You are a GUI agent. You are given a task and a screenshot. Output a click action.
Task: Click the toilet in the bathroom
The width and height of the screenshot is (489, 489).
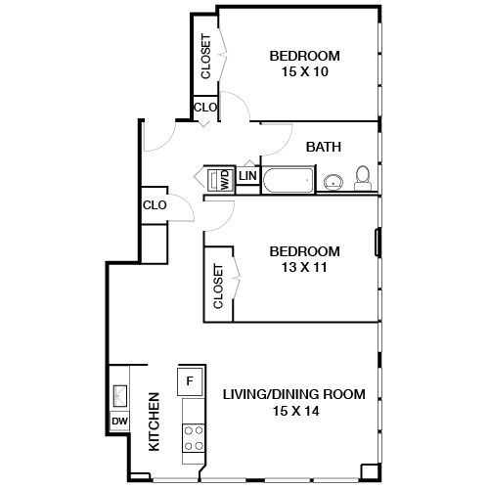(363, 177)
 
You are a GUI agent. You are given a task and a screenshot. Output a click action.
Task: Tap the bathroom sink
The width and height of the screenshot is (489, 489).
(333, 180)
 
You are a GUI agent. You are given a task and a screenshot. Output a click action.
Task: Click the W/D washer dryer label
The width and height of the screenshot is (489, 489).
(224, 179)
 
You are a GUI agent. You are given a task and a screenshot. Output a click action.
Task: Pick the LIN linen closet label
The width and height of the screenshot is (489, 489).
(248, 176)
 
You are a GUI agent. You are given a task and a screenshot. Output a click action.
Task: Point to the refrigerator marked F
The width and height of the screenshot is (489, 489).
(191, 379)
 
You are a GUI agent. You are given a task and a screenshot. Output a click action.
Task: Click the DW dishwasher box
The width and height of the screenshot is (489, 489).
(119, 422)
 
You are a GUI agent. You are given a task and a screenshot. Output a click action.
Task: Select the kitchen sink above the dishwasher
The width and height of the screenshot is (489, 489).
(119, 393)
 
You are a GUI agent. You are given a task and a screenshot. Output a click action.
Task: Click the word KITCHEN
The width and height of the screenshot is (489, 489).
(154, 422)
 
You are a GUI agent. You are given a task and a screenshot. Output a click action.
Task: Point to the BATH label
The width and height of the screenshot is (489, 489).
(324, 148)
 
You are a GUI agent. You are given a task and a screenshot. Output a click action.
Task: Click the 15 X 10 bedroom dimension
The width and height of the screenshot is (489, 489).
(304, 72)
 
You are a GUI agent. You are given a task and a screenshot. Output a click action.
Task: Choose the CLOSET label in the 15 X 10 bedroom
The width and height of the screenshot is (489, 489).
(205, 57)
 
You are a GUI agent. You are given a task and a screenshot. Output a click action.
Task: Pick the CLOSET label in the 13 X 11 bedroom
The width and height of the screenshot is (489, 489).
(218, 287)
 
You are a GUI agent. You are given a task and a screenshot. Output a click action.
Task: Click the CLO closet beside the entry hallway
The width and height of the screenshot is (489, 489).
(155, 205)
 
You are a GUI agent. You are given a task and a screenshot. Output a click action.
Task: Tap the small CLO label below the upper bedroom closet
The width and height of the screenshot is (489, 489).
(205, 108)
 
